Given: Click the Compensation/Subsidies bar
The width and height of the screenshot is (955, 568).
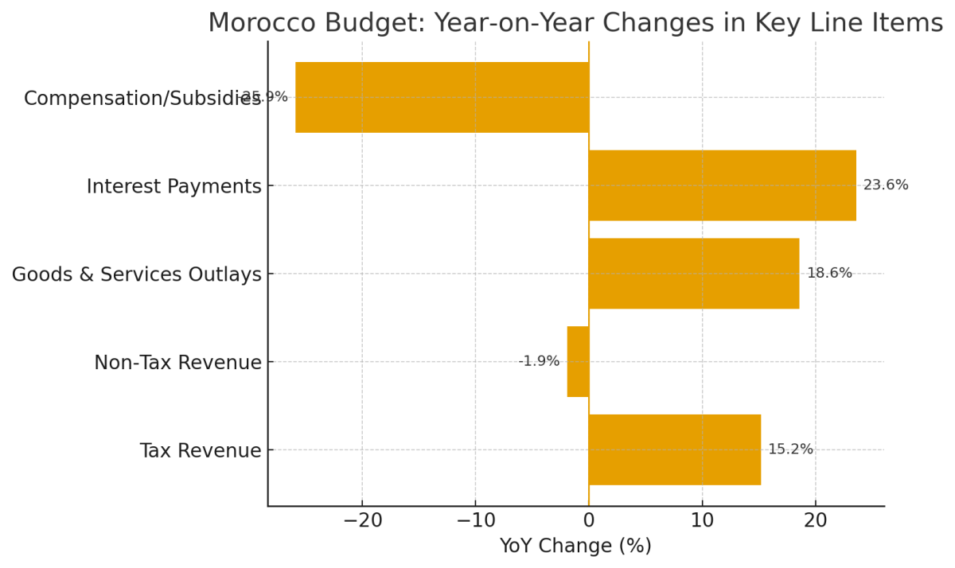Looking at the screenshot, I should pyautogui.click(x=442, y=97).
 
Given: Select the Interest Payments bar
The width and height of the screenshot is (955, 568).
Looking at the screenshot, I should pyautogui.click(x=722, y=185).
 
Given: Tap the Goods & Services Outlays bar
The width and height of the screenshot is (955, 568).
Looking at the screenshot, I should pyautogui.click(x=693, y=274).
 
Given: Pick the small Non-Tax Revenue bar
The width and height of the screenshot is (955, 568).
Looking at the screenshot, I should pyautogui.click(x=578, y=361).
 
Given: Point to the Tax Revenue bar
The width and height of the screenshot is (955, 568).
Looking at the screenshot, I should pyautogui.click(x=674, y=449).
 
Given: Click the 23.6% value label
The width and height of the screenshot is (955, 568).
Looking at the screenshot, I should pyautogui.click(x=885, y=185).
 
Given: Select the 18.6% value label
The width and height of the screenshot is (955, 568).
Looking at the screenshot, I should pyautogui.click(x=829, y=274).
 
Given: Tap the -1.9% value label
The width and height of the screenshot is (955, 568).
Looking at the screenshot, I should pyautogui.click(x=539, y=361).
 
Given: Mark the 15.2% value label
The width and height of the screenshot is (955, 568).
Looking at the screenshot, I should pyautogui.click(x=790, y=449).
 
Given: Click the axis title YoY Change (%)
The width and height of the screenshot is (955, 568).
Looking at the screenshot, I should pyautogui.click(x=575, y=547).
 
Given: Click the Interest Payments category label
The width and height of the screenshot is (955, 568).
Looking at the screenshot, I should pyautogui.click(x=173, y=187).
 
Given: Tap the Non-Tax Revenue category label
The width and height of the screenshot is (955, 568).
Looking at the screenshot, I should pyautogui.click(x=177, y=363).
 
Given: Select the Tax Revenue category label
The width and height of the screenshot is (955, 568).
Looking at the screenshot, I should pyautogui.click(x=200, y=451).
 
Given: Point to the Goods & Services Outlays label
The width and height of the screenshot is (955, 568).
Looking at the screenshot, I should pyautogui.click(x=136, y=275).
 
